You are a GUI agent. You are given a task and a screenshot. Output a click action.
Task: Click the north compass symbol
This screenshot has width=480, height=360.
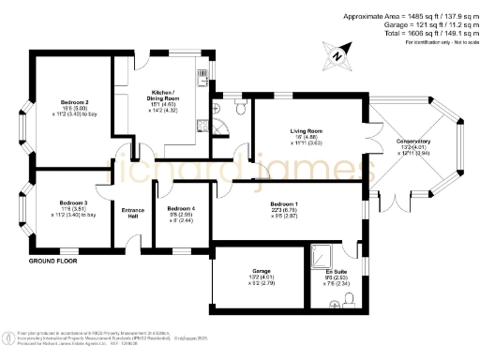(x=336, y=55)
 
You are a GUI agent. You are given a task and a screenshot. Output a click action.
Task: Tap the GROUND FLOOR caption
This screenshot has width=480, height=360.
(x=52, y=262)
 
